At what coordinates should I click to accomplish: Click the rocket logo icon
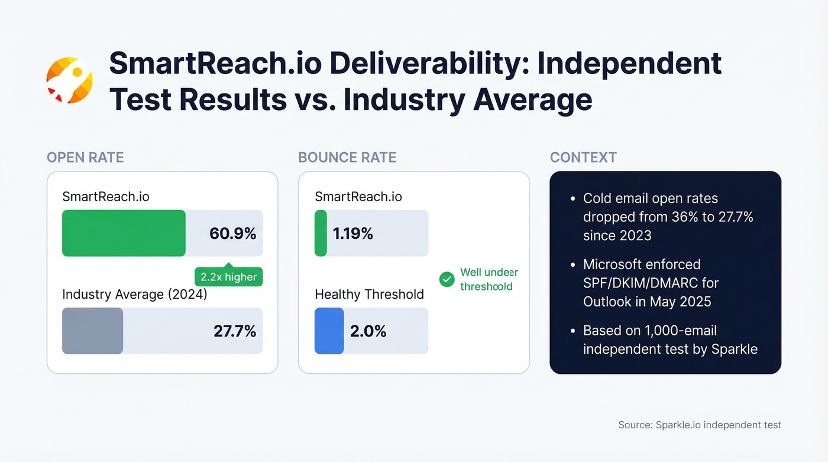coord(70,80)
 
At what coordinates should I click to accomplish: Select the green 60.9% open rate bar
coord(124,233)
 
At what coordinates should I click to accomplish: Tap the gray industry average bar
coord(92,331)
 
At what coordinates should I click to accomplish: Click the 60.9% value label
coord(232,234)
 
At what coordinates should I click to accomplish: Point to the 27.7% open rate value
coord(235,331)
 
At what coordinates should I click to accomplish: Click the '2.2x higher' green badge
coord(228,277)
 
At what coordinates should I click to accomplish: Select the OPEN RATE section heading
coord(85,157)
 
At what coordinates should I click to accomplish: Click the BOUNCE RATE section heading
coord(347,157)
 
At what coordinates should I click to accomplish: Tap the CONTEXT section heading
coord(583,157)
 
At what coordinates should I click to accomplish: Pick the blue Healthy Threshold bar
coord(329,331)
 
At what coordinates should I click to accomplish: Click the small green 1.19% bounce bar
coord(321,233)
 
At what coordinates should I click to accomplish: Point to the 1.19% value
coord(353,234)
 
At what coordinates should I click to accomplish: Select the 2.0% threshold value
coord(368,331)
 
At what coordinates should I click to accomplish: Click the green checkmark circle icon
coord(447,279)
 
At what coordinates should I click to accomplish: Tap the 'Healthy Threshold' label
coord(369,294)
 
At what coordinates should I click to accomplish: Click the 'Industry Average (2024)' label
coord(135,294)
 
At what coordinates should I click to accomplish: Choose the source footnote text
coord(700,425)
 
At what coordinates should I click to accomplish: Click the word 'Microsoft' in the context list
coord(612,264)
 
